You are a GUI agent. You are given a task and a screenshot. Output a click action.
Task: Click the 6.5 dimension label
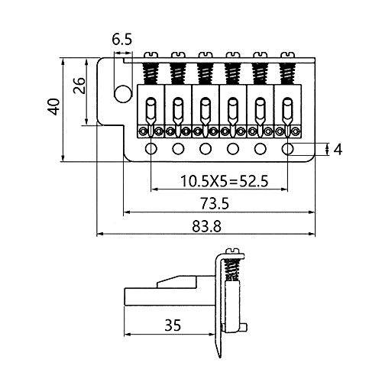coord(121,39)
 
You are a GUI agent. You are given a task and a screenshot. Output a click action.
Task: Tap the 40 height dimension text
coord(52,106)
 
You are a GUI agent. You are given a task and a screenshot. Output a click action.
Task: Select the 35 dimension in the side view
coord(171,325)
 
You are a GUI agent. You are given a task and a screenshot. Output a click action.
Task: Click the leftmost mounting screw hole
coord(151,147)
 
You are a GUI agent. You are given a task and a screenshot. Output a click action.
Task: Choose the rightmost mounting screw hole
coord(288,147)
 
